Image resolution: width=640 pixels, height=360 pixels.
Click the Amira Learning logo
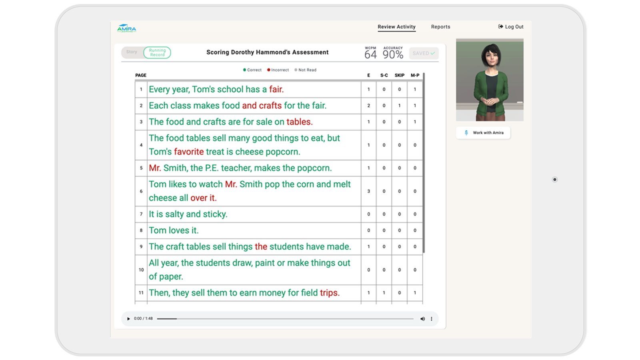(126, 28)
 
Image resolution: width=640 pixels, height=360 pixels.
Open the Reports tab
(440, 27)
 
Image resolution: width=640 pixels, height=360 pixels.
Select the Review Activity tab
(396, 27)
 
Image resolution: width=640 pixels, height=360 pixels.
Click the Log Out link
(511, 27)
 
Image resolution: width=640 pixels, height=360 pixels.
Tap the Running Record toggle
(157, 52)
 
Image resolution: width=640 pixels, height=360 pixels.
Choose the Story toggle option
(132, 52)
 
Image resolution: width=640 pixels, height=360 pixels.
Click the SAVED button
(424, 53)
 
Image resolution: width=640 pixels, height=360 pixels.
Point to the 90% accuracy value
(393, 54)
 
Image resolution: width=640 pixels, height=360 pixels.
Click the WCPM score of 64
(370, 54)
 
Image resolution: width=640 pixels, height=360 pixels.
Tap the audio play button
(128, 319)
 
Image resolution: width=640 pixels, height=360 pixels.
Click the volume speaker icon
(422, 319)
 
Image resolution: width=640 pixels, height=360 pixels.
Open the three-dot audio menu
(431, 319)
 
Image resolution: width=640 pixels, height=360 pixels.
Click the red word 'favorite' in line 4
(189, 152)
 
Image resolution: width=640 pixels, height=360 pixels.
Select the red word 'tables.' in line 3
(299, 122)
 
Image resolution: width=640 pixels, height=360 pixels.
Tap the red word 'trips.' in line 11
(330, 293)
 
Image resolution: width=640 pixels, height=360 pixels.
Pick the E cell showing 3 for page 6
(368, 191)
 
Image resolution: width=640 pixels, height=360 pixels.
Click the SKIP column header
(399, 75)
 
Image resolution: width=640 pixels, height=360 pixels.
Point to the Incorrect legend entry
(278, 70)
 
